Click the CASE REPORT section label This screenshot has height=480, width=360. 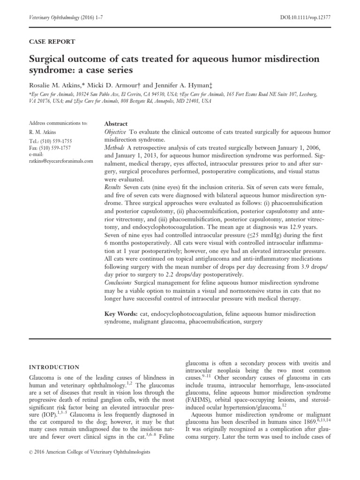point(52,42)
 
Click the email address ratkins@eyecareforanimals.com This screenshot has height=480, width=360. point(61,161)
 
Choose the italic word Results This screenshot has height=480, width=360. point(113,187)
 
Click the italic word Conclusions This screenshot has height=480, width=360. point(118,283)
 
